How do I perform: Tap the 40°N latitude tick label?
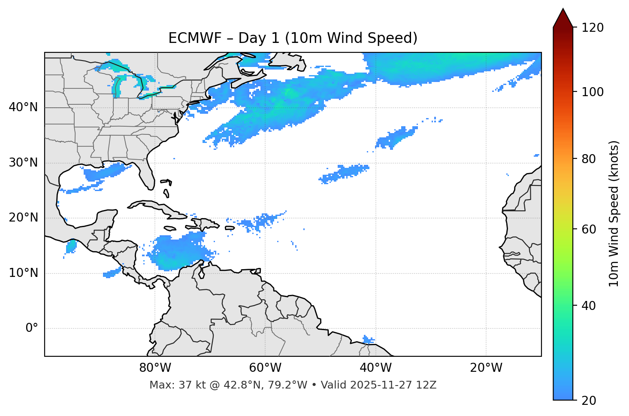click(23, 107)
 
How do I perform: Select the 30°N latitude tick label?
click(23, 163)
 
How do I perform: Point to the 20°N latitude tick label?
click(23, 218)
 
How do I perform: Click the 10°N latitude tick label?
click(23, 273)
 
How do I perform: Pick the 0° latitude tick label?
click(32, 328)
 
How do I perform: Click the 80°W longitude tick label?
click(155, 368)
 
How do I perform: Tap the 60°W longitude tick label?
click(265, 368)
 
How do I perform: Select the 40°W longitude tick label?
click(375, 368)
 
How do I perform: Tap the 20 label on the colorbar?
click(589, 401)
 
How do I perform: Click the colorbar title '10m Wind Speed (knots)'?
click(614, 213)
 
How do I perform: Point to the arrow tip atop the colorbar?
click(563, 9)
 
